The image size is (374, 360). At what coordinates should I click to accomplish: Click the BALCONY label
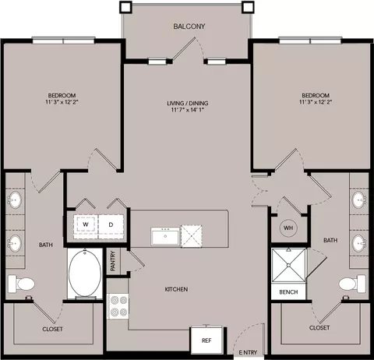pyautogui.click(x=189, y=26)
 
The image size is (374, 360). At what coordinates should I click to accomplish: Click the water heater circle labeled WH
pyautogui.click(x=288, y=228)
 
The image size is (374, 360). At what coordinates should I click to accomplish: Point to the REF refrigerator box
pyautogui.click(x=206, y=340)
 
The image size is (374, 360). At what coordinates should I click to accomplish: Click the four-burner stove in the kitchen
pyautogui.click(x=118, y=306)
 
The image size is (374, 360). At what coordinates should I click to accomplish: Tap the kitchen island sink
pyautogui.click(x=165, y=236)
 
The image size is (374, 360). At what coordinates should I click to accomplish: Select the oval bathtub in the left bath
pyautogui.click(x=85, y=273)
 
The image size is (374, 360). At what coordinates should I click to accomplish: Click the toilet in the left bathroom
pyautogui.click(x=21, y=284)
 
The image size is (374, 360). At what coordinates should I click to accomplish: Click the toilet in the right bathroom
pyautogui.click(x=352, y=284)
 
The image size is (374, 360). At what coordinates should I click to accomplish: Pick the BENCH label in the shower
pyautogui.click(x=288, y=292)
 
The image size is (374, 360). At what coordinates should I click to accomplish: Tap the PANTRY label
pyautogui.click(x=113, y=261)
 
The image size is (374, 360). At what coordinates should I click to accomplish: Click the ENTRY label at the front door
pyautogui.click(x=248, y=352)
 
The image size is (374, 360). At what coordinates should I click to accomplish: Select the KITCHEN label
pyautogui.click(x=176, y=289)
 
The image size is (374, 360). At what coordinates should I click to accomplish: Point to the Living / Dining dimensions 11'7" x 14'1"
pyautogui.click(x=187, y=110)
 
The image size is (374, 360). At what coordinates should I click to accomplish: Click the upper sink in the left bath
pyautogui.click(x=15, y=199)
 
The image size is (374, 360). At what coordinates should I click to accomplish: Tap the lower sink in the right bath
pyautogui.click(x=360, y=243)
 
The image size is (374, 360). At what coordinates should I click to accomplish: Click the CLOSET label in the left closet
pyautogui.click(x=52, y=329)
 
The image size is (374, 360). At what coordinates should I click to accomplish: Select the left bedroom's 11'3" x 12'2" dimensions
pyautogui.click(x=62, y=102)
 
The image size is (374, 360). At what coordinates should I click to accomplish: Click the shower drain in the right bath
pyautogui.click(x=288, y=265)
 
